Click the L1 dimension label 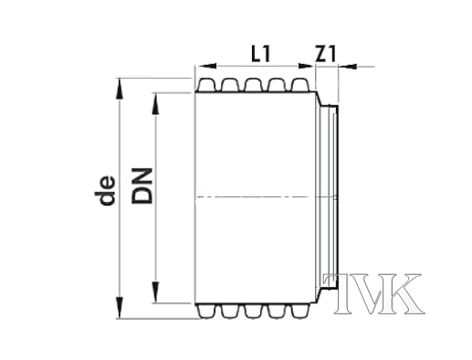261,54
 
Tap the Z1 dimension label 325,54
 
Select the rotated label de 105,190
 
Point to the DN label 142,185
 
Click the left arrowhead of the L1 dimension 207,66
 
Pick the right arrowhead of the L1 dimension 305,66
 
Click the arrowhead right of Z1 348,66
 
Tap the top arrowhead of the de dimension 120,89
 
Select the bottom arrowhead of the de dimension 120,308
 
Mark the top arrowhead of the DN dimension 155,103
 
